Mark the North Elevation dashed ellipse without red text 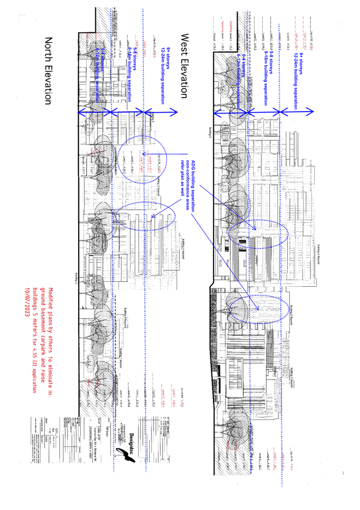(x=146, y=216)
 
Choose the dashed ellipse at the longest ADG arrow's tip (x=255, y=309)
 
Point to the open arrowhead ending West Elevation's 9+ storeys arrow (x=311, y=112)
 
